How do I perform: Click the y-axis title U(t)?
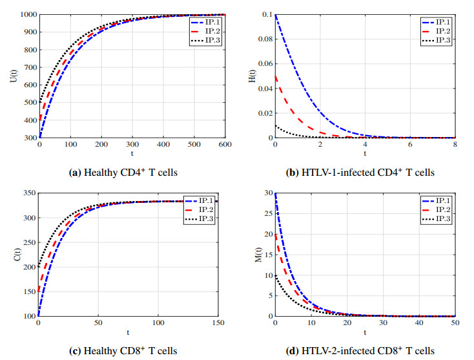pos(13,76)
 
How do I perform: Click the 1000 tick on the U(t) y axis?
pos(27,14)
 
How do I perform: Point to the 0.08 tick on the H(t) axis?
pos(263,39)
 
